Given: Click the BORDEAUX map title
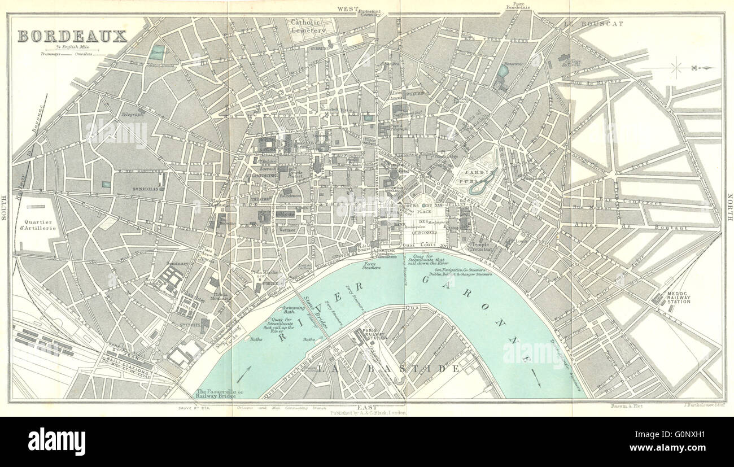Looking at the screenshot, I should click(72, 36).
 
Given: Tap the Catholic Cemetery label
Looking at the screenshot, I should click(308, 27).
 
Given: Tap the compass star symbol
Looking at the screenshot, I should click(676, 68).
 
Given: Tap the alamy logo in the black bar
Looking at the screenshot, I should click(56, 441).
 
